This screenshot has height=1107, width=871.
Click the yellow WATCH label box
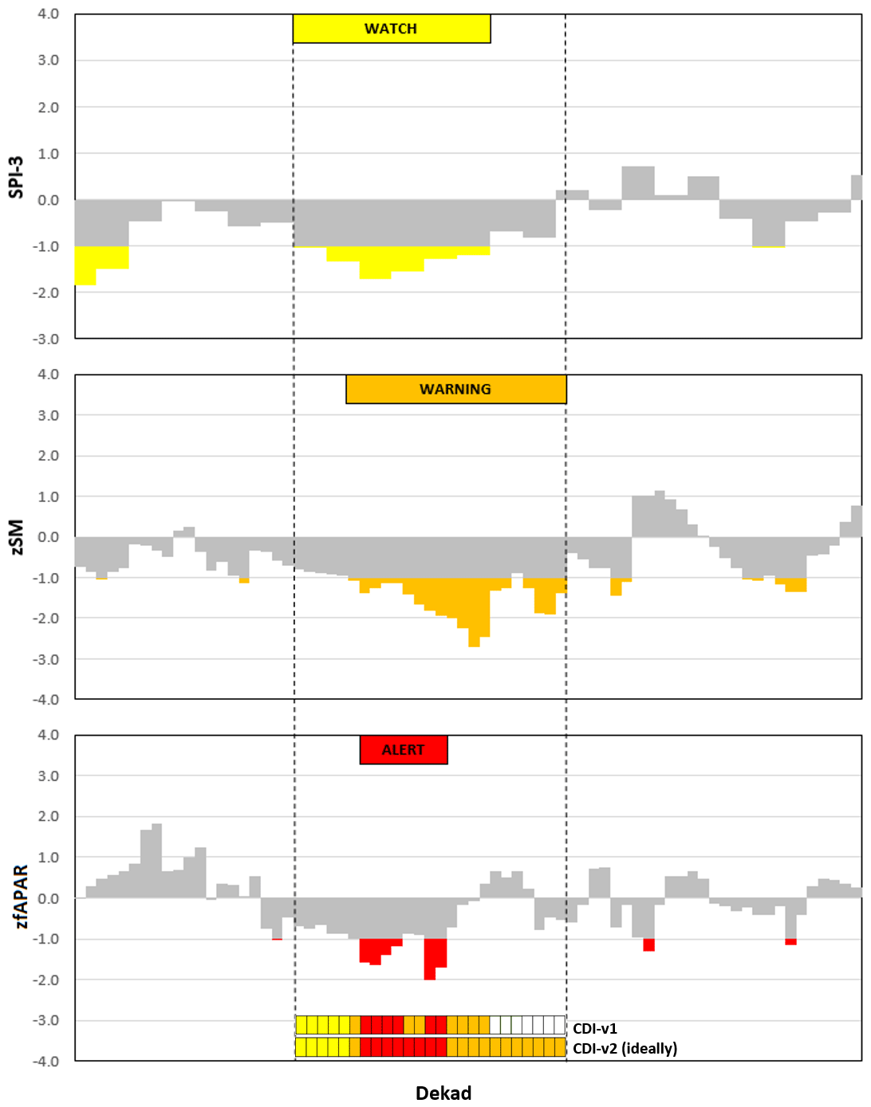coord(391,29)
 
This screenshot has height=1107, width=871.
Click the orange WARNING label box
coord(455,389)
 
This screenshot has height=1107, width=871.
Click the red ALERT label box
coord(403,749)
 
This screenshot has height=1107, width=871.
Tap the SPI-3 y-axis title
coord(16,176)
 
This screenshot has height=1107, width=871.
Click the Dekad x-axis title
coord(443,1093)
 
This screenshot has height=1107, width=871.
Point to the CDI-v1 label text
coord(595,1029)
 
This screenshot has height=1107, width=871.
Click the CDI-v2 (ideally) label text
coord(625,1048)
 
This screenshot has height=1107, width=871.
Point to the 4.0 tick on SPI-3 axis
coord(48,14)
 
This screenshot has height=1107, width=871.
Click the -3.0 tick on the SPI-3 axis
coord(46,340)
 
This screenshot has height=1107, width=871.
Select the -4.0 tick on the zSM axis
coord(46,700)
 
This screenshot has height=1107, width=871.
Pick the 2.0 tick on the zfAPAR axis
coord(48,816)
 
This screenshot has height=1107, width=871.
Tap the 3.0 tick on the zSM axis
coord(48,415)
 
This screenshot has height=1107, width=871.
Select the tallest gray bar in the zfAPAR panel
coord(156,861)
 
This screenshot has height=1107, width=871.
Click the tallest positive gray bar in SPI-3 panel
coord(638,183)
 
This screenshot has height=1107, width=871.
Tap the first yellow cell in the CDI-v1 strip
coord(301,1025)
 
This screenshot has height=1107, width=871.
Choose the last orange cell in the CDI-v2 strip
coord(560,1047)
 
